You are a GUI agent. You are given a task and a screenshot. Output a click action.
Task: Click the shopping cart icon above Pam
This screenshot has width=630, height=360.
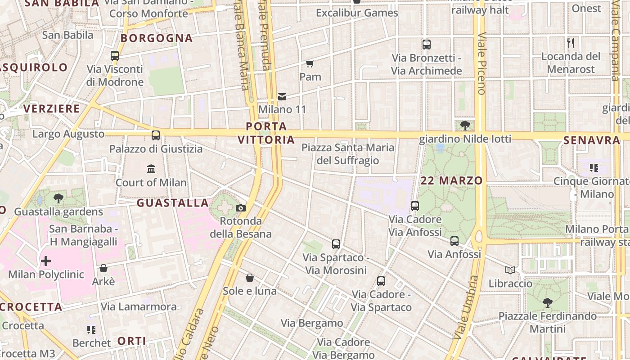[x=310, y=63]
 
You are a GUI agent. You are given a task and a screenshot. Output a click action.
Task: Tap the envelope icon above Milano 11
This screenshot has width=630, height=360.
[x=282, y=96]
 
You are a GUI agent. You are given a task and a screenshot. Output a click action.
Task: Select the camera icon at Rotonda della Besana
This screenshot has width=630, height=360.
[x=241, y=208]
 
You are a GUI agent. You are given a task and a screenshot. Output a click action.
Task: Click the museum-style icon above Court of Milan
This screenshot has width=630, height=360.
[x=151, y=169]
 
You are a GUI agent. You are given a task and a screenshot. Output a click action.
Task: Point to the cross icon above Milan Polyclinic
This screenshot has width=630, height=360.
[x=46, y=261]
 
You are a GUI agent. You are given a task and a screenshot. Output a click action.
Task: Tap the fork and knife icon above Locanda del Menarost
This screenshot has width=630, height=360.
[x=571, y=43]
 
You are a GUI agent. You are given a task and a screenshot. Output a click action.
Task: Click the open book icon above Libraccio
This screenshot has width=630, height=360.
[x=510, y=270]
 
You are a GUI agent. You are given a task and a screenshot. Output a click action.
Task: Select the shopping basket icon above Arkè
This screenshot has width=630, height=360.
[x=103, y=268]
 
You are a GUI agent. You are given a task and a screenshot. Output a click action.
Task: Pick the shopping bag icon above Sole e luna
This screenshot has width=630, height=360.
[x=250, y=278]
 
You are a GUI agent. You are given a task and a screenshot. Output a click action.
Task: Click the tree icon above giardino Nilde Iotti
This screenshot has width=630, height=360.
[x=465, y=126]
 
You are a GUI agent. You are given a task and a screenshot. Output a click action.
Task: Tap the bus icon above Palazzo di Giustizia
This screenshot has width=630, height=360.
[x=156, y=135]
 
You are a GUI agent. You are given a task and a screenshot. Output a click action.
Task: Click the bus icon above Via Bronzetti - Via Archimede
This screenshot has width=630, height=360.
[x=426, y=45]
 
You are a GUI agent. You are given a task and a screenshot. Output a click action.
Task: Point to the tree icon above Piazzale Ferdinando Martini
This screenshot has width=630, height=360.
[x=547, y=302]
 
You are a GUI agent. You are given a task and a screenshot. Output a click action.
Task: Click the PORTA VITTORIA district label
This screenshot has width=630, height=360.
[x=266, y=133]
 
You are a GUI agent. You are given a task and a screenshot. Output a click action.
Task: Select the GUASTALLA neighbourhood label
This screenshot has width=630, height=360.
[x=173, y=203]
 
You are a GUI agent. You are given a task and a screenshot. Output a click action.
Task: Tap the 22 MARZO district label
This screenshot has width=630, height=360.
[x=451, y=181]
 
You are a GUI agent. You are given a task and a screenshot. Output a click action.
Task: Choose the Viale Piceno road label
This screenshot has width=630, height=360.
[x=482, y=63]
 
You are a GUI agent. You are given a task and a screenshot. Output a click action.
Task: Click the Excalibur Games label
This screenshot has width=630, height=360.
[x=357, y=13]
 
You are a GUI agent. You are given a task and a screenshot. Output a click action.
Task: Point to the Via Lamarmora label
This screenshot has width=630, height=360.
[x=139, y=307]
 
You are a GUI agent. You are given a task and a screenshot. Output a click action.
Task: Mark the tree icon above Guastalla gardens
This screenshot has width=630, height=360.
[x=58, y=198]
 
